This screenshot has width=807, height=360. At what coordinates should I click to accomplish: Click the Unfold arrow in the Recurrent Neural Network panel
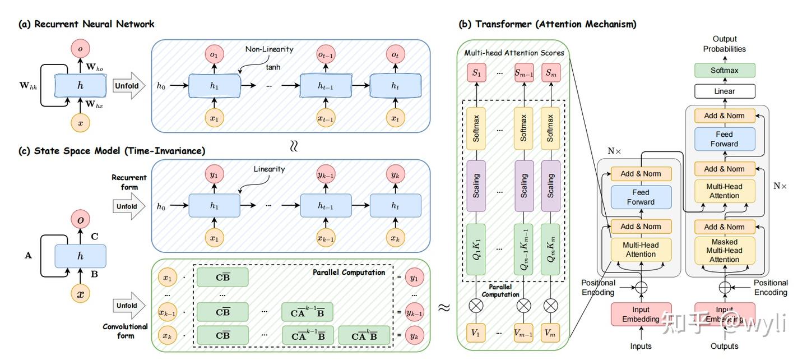pos(129,86)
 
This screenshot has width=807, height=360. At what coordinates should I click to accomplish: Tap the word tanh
pos(273,67)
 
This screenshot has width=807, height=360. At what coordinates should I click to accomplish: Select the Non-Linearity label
pos(269,49)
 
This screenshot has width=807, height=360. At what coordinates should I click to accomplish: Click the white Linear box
pos(725,91)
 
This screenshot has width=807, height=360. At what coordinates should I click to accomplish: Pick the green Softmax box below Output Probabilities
pos(725,70)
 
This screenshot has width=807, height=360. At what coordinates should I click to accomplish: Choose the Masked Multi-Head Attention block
pos(725,251)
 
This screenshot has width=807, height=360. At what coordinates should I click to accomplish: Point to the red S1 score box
pos(476,73)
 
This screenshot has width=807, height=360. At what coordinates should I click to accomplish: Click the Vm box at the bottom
pos(550,333)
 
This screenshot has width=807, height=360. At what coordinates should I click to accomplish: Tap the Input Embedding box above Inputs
pos(641,314)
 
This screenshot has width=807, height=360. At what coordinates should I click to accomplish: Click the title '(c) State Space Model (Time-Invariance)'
pos(112,151)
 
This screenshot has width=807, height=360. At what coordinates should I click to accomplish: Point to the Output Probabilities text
pos(725,44)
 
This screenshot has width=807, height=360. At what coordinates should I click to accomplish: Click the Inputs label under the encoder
pos(641,346)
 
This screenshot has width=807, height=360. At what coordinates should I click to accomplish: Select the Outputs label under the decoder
pos(725,346)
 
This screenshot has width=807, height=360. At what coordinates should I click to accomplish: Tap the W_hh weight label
pos(28,86)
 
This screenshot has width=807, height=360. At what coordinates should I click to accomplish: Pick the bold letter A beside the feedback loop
pos(28,256)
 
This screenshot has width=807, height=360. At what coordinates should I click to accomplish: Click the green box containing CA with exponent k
pos(364,335)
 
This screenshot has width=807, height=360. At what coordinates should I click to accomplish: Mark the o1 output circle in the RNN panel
pos(214,54)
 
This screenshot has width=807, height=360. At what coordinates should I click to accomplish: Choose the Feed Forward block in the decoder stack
pos(725,139)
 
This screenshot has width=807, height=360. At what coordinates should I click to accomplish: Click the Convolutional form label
pos(126,331)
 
